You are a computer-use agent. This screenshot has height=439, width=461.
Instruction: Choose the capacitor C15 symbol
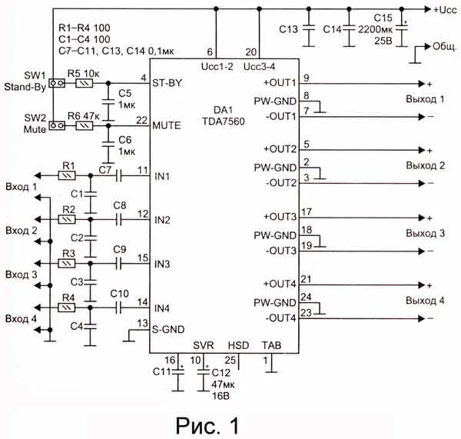point(397,32)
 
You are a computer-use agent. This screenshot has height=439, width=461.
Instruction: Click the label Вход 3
point(21,274)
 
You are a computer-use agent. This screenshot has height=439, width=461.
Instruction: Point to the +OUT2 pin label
point(280,148)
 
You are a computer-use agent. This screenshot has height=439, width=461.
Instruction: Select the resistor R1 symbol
point(68,176)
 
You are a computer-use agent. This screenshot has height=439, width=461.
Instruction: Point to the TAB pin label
point(271,344)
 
